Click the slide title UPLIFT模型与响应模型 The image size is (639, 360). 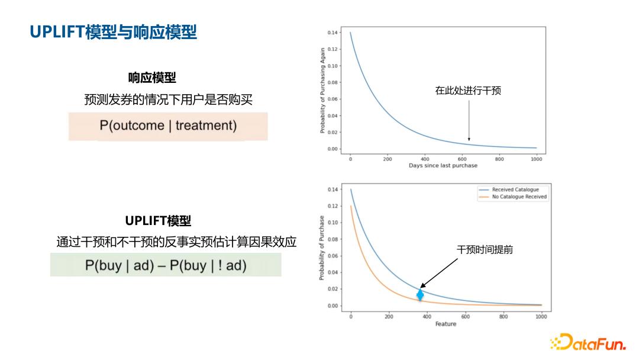(x=113, y=32)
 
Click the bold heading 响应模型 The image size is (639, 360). (x=152, y=78)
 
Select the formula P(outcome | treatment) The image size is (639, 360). (x=168, y=126)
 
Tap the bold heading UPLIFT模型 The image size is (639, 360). (x=158, y=221)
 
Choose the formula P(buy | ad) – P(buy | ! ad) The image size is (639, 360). (x=166, y=265)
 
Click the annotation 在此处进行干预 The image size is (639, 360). (x=468, y=91)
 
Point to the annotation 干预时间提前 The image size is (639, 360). (x=485, y=250)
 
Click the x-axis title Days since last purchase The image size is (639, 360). (x=443, y=166)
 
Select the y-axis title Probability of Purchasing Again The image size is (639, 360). (x=323, y=91)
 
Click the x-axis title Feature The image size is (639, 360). (x=446, y=324)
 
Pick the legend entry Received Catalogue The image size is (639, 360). (x=515, y=190)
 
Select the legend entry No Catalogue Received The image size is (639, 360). (x=519, y=197)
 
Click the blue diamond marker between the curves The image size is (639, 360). (x=420, y=294)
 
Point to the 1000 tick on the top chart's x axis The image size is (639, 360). (x=536, y=159)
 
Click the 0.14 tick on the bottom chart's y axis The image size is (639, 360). (x=333, y=189)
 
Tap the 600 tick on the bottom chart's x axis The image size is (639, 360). (x=465, y=317)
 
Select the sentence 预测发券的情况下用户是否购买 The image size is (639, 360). (x=168, y=100)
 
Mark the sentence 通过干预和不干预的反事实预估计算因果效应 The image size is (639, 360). (x=176, y=242)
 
